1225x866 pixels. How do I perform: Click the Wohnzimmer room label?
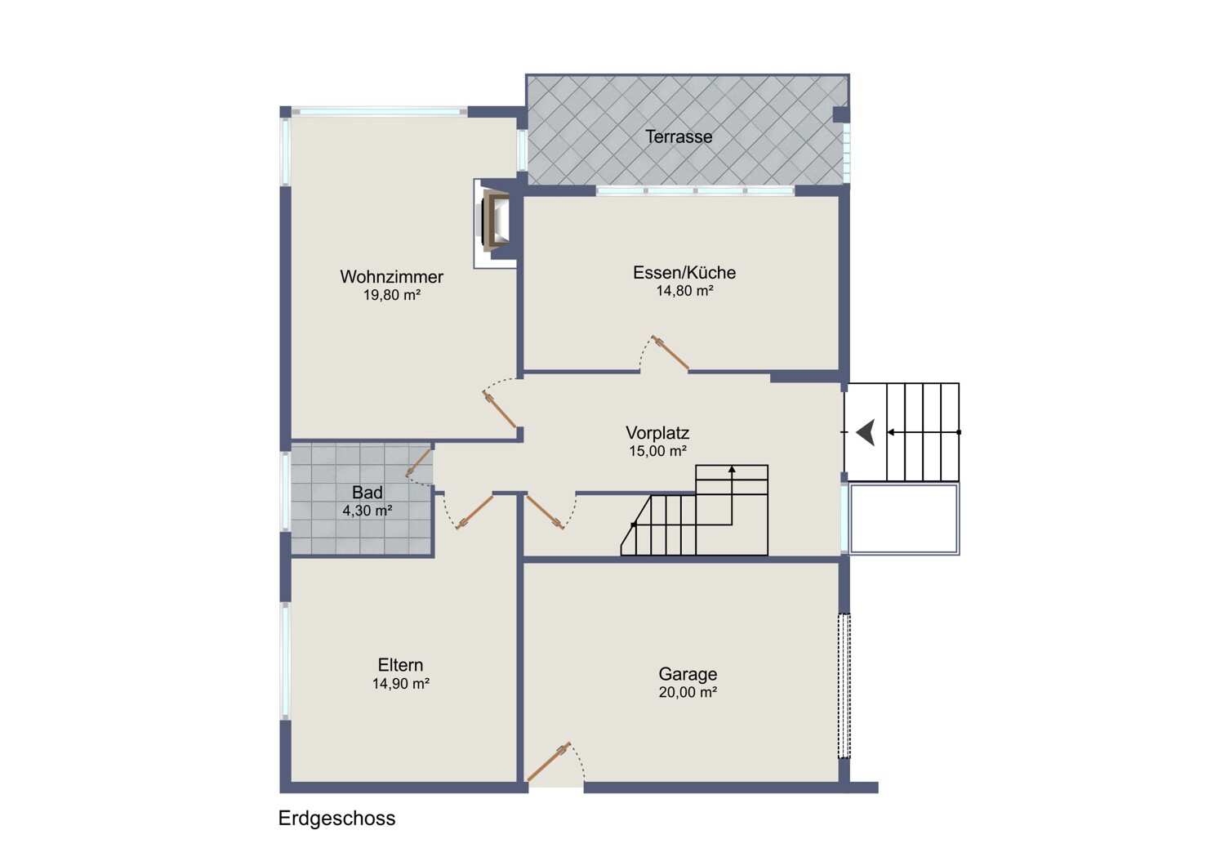pyautogui.click(x=391, y=277)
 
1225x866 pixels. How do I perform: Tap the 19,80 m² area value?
pyautogui.click(x=391, y=296)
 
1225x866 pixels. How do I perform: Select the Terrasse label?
pyautogui.click(x=679, y=136)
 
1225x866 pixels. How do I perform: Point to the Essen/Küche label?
pyautogui.click(x=684, y=272)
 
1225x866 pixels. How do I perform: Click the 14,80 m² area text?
pyautogui.click(x=684, y=291)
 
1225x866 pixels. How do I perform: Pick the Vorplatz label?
pyautogui.click(x=657, y=433)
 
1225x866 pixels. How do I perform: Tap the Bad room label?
pyautogui.click(x=367, y=493)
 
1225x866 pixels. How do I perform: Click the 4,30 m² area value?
pyautogui.click(x=367, y=511)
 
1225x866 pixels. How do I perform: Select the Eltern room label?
pyautogui.click(x=400, y=665)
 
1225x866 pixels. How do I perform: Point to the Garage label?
pyautogui.click(x=688, y=674)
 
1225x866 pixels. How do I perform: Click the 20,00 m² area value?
pyautogui.click(x=688, y=693)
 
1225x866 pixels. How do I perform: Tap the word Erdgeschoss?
pyautogui.click(x=336, y=819)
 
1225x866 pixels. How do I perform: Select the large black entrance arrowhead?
pyautogui.click(x=866, y=432)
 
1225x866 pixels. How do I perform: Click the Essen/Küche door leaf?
pyautogui.click(x=670, y=353)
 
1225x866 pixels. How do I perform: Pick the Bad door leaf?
pyautogui.click(x=418, y=462)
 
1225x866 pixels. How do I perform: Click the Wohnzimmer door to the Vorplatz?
pyautogui.click(x=499, y=410)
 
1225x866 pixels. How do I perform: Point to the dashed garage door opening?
pyautogui.click(x=844, y=686)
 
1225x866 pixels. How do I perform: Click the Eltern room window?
pyautogui.click(x=285, y=661)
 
